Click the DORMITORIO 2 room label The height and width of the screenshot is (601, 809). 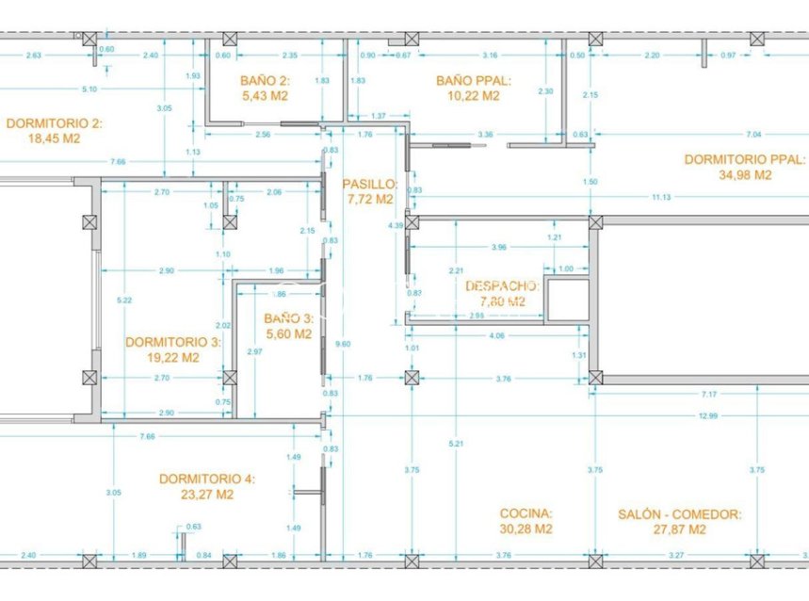tap(54, 122)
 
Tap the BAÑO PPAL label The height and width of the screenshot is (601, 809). tap(467, 81)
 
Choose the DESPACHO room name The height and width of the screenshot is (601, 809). tap(501, 285)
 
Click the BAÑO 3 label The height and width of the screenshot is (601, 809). tap(287, 318)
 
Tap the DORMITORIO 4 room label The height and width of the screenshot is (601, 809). tap(206, 479)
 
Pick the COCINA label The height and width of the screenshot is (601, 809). tap(526, 514)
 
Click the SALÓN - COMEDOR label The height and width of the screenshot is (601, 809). tap(679, 514)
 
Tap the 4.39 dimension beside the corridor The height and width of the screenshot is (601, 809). tap(396, 225)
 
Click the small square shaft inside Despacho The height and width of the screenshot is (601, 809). tap(567, 300)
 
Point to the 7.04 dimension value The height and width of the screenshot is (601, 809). tap(752, 134)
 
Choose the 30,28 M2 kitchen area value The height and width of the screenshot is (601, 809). tap(526, 528)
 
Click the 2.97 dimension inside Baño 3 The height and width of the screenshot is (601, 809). tap(253, 351)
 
